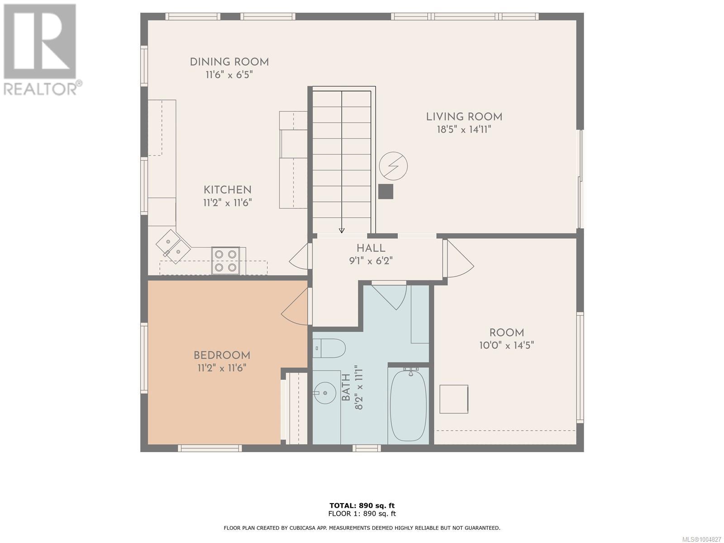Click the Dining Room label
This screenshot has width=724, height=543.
(x=229, y=62)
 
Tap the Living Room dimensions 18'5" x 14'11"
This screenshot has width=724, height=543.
(x=464, y=129)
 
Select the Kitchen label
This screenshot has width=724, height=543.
(x=227, y=190)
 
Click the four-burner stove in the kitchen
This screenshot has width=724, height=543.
(x=225, y=261)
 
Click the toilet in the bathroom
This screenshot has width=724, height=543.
(x=329, y=348)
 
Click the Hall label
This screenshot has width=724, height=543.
(x=371, y=248)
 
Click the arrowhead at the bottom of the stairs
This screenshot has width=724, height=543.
(x=342, y=231)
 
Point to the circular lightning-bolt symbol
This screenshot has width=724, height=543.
(x=393, y=166)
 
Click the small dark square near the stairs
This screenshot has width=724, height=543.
(x=386, y=191)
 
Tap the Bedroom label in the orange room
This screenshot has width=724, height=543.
(x=222, y=356)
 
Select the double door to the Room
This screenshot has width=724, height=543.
(x=459, y=259)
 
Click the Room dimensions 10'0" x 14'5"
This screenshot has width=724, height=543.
(x=507, y=345)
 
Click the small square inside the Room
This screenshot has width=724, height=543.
(x=454, y=399)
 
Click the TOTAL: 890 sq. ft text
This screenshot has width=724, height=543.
(x=362, y=505)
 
